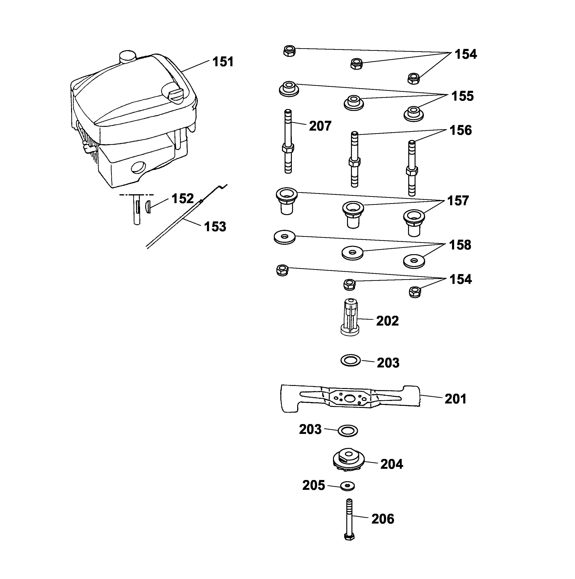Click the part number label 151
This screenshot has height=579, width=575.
[223, 62]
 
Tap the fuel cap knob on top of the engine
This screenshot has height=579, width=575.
[127, 56]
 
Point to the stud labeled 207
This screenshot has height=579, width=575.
[288, 141]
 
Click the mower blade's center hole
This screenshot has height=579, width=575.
[349, 398]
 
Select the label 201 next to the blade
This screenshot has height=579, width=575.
[455, 399]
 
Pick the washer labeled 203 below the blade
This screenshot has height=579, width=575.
[348, 431]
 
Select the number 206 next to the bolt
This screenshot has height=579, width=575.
[383, 519]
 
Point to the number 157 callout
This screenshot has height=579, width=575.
[458, 201]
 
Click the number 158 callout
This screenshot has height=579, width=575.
[460, 245]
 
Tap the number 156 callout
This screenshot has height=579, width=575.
[461, 130]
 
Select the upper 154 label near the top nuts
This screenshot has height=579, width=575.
[466, 54]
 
